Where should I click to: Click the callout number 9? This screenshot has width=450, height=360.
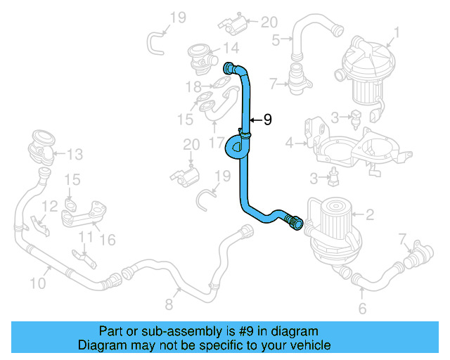(x=266, y=120)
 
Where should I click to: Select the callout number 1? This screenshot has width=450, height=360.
(x=397, y=32)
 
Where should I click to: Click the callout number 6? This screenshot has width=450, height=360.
(x=363, y=308)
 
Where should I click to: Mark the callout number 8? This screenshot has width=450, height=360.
(x=169, y=304)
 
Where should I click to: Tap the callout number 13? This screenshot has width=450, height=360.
(x=75, y=153)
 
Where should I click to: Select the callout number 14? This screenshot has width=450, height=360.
(x=231, y=48)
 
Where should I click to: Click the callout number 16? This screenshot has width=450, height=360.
(x=107, y=240)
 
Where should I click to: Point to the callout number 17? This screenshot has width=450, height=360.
(x=217, y=141)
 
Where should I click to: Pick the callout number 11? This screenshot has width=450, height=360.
(x=85, y=236)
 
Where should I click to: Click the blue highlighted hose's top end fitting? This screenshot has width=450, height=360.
(x=229, y=68)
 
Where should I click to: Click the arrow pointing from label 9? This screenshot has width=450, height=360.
(x=255, y=120)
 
